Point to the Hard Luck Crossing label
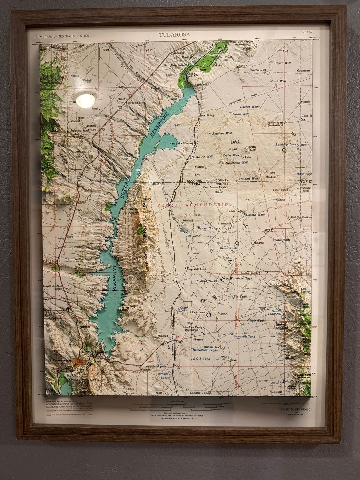181,143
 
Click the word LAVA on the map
235,142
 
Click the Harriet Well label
249,107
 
